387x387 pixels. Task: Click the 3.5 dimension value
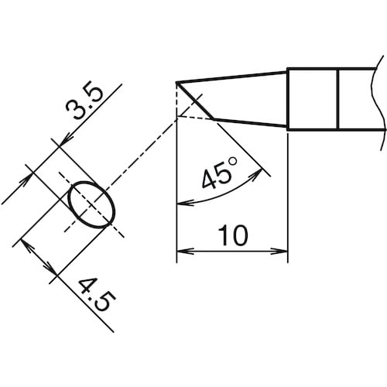[87, 108]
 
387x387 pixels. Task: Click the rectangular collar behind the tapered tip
[313, 99]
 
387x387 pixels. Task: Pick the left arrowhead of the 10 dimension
[183, 251]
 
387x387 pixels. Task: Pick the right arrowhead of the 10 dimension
[283, 251]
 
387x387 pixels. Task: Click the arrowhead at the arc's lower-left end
[183, 204]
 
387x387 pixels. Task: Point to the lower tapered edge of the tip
[248, 123]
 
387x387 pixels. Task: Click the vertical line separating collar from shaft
[339, 99]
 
